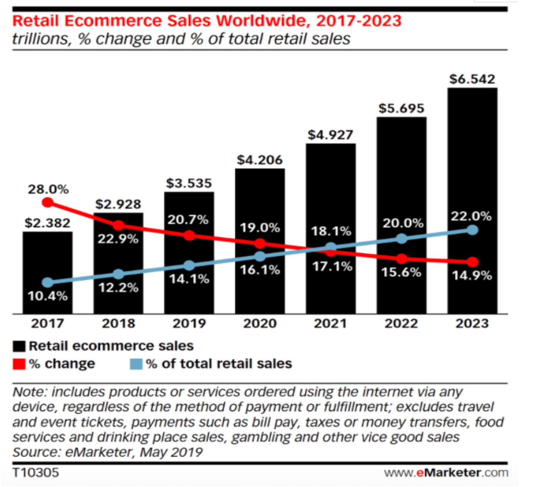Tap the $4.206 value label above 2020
point(260,160)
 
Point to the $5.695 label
point(401,108)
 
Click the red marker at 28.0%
point(48,202)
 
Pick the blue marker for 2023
point(472,230)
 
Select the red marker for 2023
point(472,262)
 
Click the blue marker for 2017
point(48,282)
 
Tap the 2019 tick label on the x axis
point(189,323)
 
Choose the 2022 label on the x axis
point(401,323)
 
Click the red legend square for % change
point(19,364)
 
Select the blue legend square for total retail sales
point(136,364)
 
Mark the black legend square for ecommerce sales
point(19,346)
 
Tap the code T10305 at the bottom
point(36,472)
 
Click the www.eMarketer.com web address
point(446,472)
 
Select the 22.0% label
point(471,216)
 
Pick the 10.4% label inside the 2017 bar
point(48,296)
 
